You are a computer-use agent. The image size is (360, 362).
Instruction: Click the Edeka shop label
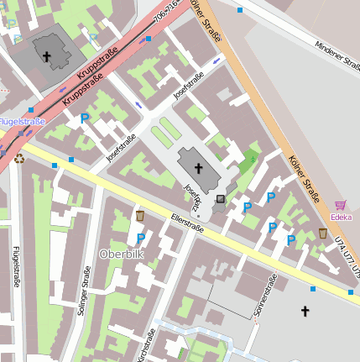(341, 217)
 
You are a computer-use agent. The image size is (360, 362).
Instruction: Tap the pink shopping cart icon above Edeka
(341, 204)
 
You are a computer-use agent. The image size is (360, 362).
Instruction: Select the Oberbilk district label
(123, 254)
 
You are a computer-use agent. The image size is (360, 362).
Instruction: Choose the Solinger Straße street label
(84, 290)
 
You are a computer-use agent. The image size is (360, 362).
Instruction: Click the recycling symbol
(18, 156)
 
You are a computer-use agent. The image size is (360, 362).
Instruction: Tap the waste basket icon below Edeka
(323, 233)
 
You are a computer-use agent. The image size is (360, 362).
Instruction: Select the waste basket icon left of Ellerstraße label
(140, 217)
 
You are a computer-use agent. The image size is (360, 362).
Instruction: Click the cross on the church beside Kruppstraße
(47, 57)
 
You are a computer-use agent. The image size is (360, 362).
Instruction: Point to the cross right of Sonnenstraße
(305, 312)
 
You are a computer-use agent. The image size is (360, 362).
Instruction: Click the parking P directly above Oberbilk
(140, 239)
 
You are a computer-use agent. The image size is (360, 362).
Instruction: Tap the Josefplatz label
(194, 197)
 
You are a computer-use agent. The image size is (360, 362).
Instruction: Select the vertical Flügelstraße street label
(16, 267)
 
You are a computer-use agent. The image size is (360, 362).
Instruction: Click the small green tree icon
(253, 158)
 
